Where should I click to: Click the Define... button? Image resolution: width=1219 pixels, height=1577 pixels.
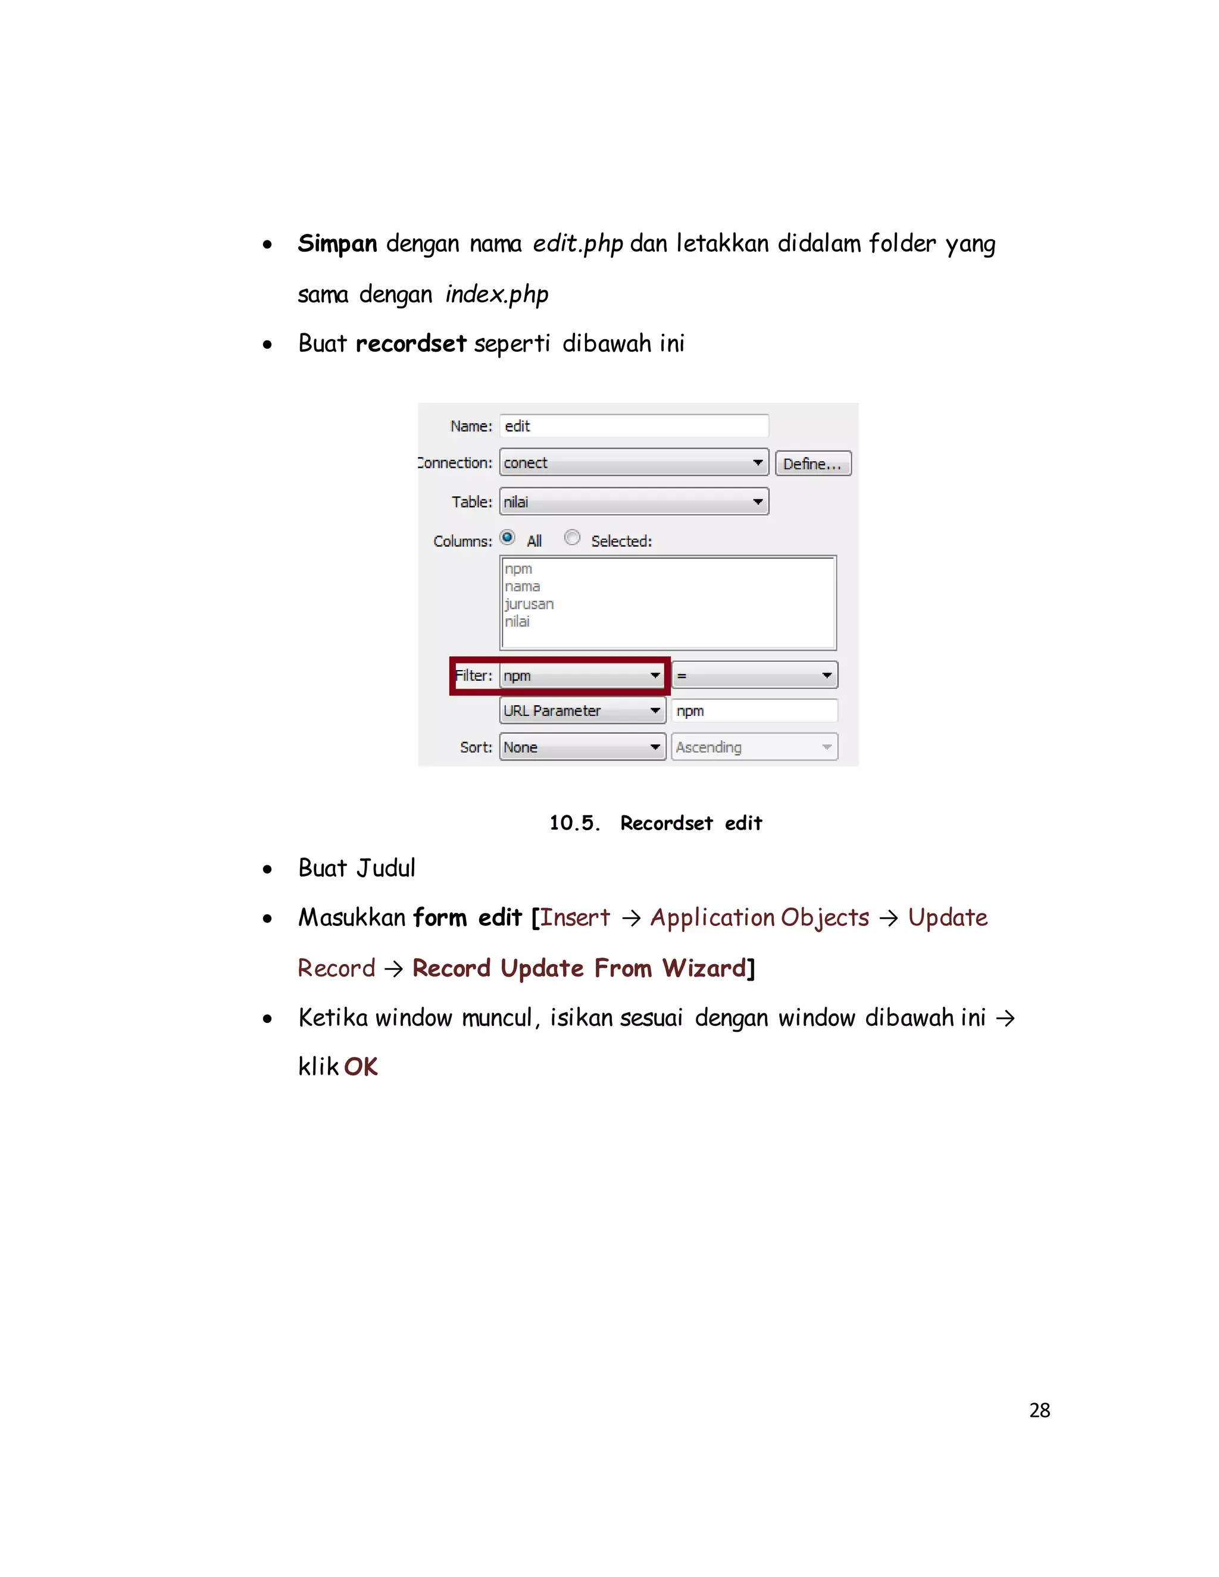click(812, 464)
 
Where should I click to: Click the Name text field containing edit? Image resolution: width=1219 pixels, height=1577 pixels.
click(633, 426)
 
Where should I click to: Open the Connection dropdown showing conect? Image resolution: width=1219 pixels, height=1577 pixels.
click(633, 462)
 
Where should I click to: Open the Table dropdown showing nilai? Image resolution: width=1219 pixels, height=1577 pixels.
click(633, 502)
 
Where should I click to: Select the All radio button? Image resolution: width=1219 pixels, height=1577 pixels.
click(508, 538)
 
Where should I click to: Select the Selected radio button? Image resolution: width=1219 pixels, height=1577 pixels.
click(572, 538)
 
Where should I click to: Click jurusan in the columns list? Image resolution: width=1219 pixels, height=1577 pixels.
click(529, 603)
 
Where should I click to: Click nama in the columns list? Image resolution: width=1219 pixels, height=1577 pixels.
click(523, 586)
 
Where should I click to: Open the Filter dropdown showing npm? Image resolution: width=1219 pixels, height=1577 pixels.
click(582, 676)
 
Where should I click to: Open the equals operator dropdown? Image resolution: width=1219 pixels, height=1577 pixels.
click(755, 676)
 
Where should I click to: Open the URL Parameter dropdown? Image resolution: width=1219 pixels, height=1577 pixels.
click(582, 711)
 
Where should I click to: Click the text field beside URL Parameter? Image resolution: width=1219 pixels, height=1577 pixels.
click(755, 711)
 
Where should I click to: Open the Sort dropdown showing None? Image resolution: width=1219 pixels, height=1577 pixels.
click(582, 747)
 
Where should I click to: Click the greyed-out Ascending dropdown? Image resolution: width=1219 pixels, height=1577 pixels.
click(755, 747)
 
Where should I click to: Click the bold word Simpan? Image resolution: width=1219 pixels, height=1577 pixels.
click(337, 244)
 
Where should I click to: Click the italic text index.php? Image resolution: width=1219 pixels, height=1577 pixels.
click(497, 295)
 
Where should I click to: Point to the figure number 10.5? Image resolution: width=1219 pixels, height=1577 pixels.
click(574, 823)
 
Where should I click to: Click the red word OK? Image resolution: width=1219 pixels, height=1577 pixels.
click(360, 1066)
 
